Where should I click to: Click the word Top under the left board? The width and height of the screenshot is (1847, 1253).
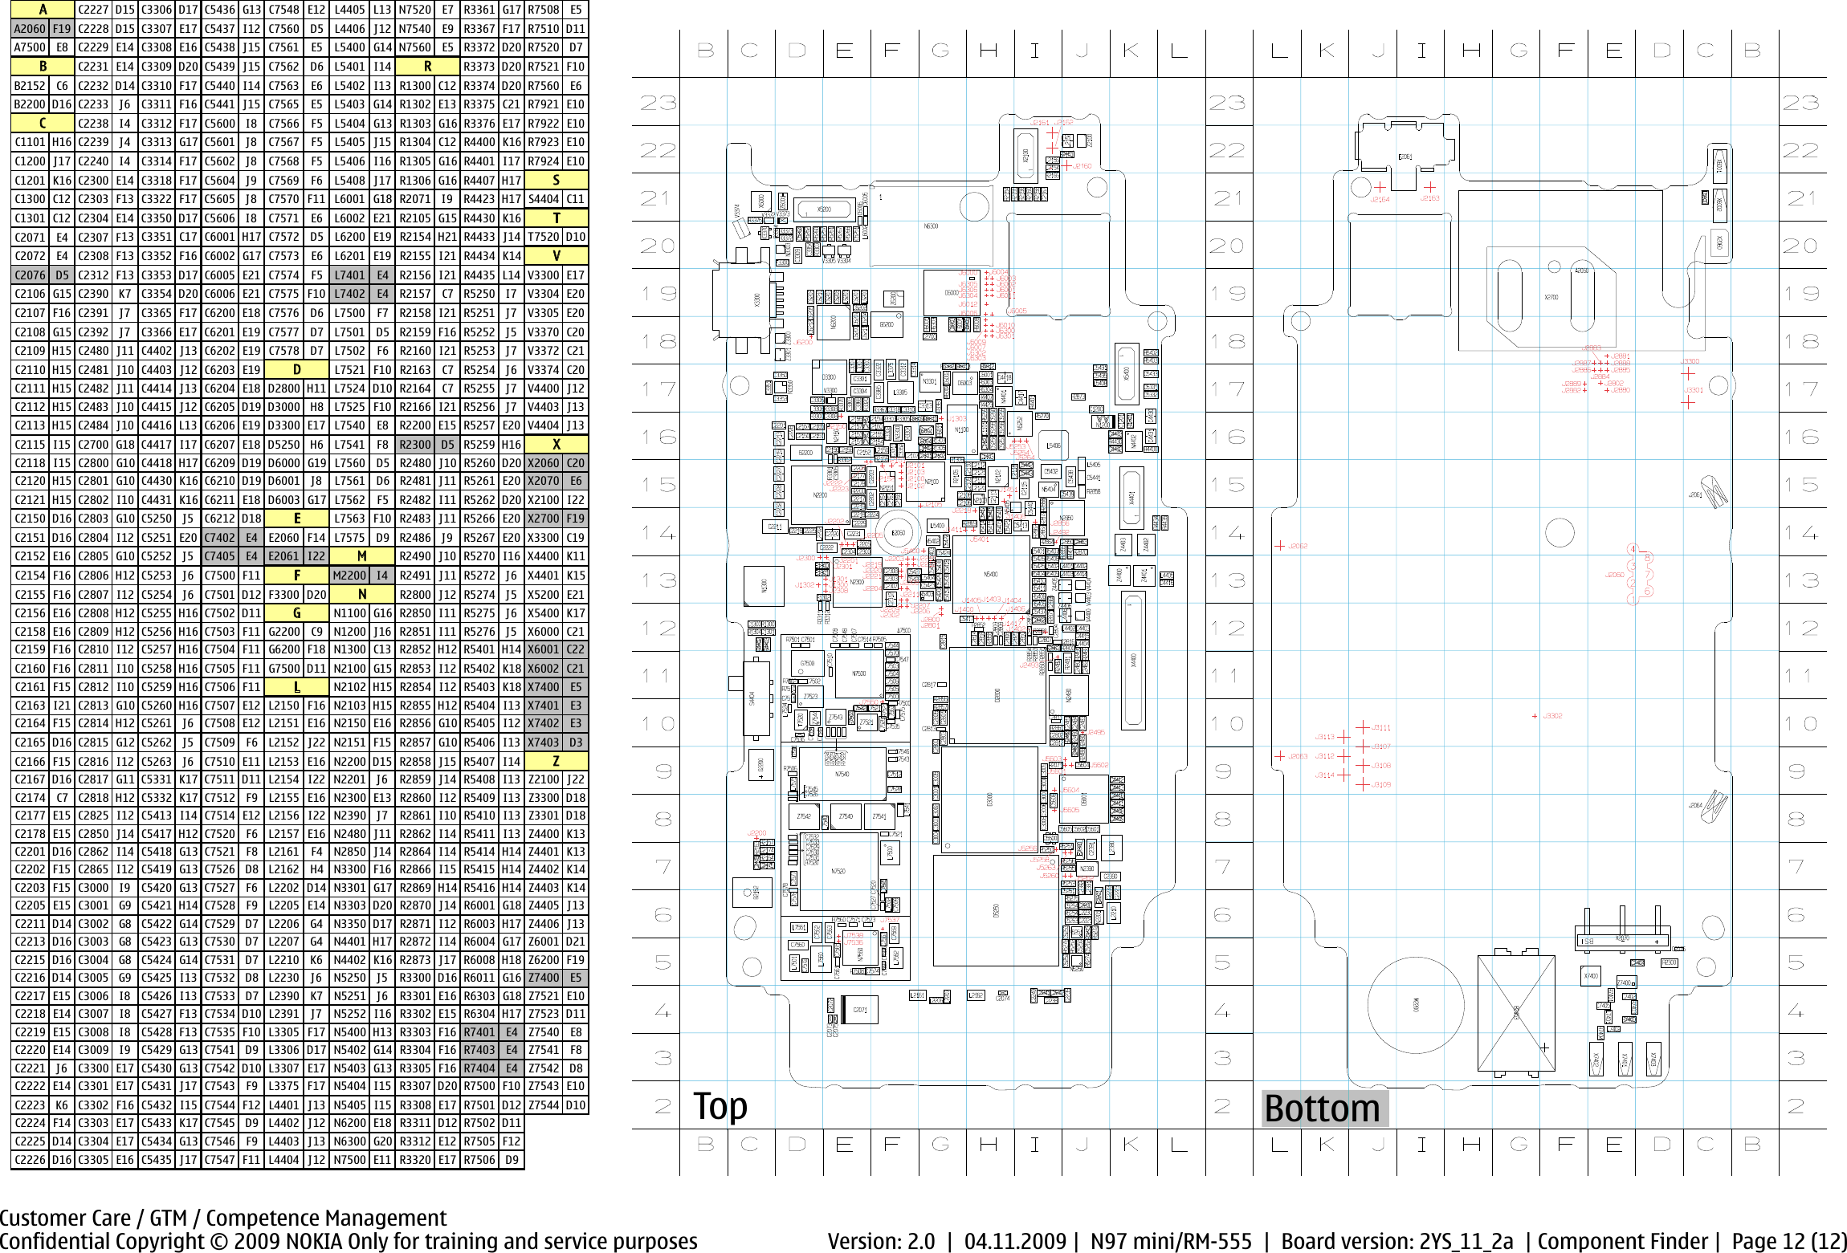coord(720,1106)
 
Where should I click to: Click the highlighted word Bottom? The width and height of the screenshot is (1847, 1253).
coord(1322,1109)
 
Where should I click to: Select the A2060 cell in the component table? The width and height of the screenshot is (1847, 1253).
coord(30,29)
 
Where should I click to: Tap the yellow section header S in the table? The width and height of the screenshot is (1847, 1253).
coord(556,180)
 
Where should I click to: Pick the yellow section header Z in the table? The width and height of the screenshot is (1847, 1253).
coord(556,761)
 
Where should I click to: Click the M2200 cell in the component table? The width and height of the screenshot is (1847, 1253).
coord(349,576)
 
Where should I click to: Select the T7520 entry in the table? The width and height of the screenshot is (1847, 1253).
coord(544,237)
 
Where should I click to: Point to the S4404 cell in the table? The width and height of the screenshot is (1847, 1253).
coord(544,199)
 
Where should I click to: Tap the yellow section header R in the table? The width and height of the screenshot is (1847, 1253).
coord(427,67)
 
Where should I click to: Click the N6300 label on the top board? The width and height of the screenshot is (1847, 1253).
coord(931,226)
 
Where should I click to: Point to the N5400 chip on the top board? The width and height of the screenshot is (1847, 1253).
coord(991,575)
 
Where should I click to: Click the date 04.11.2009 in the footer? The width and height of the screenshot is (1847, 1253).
coord(1015,1241)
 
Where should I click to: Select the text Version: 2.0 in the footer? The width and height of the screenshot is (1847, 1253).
coord(881,1241)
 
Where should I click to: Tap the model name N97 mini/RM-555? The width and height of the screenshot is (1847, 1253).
coord(1170,1241)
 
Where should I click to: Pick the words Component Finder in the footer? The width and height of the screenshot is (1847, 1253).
coord(1622,1241)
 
